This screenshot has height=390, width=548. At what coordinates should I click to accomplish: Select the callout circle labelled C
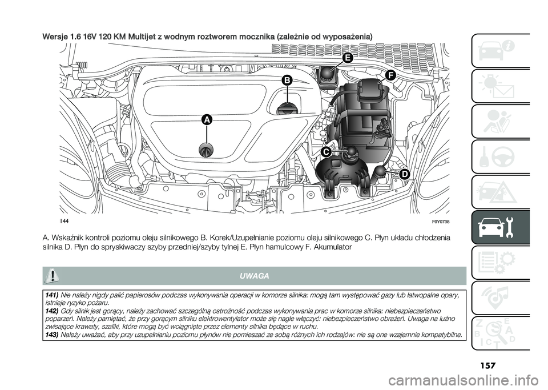click(310, 152)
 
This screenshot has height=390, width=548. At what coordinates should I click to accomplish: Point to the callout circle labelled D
click(404, 173)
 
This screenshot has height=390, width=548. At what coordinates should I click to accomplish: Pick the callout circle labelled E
click(348, 58)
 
